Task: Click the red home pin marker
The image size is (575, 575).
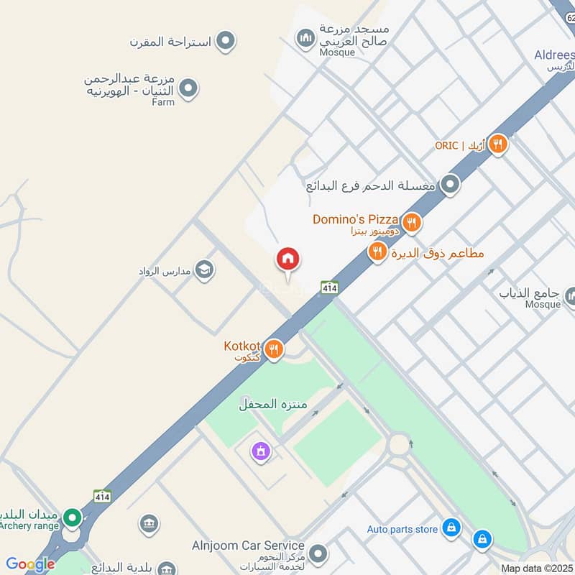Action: (288, 259)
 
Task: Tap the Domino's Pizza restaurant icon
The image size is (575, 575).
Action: (411, 222)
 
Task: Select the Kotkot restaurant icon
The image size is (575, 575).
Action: (273, 350)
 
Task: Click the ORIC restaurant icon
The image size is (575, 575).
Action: (497, 144)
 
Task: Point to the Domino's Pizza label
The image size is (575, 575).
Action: (355, 219)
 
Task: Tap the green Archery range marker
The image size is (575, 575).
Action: (71, 517)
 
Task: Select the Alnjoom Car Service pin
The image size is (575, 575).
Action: (318, 554)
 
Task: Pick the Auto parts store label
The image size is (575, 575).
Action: (402, 530)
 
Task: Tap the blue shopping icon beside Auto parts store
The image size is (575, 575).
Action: (451, 528)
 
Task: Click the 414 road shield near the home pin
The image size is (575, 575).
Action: (330, 287)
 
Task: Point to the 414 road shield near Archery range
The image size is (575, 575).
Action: (102, 496)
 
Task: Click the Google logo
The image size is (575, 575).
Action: (30, 564)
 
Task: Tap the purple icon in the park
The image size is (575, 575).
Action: (259, 451)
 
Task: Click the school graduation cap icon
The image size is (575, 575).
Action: (204, 270)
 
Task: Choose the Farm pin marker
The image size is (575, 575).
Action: (188, 89)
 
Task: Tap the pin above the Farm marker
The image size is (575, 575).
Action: (226, 41)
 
